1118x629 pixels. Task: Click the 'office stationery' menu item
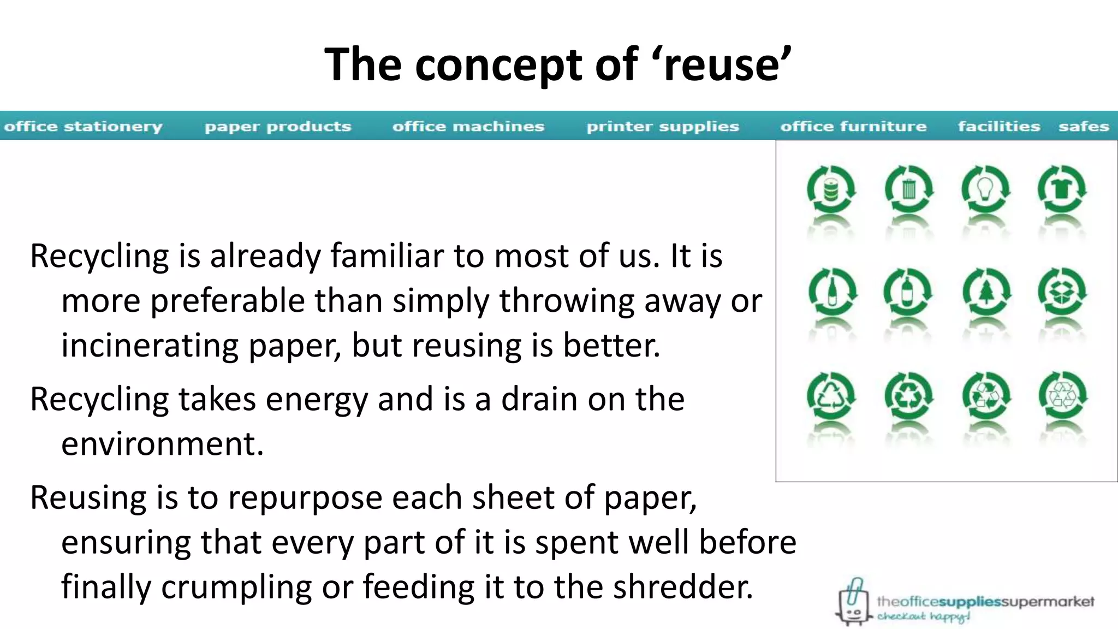83,127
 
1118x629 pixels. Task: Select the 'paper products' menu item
278,127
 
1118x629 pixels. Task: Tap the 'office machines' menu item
468,127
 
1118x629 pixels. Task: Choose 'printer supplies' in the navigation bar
663,127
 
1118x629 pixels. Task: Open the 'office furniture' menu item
853,127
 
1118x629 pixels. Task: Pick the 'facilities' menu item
999,127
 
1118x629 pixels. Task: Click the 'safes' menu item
1084,127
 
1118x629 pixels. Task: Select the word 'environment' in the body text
162,444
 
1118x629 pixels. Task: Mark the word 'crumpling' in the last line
236,588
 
